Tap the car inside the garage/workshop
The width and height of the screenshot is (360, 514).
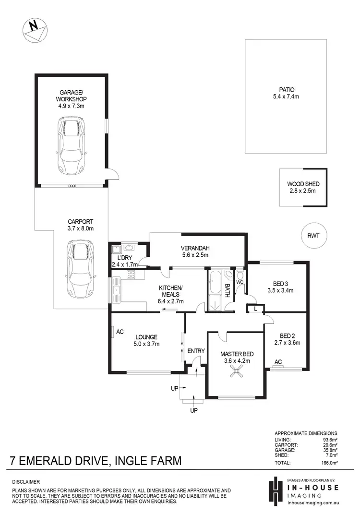(72, 146)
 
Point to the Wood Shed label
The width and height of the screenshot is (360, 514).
(303, 184)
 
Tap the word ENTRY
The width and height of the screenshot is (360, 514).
(196, 351)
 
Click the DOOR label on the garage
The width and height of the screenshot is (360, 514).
(72, 186)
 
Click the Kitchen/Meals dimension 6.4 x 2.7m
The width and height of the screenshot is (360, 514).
(171, 301)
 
